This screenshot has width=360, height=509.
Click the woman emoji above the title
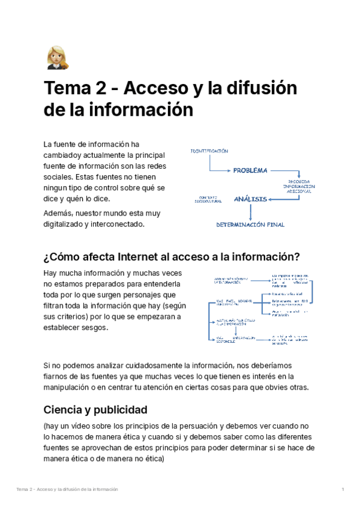(x=56, y=58)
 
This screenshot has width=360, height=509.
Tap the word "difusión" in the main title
(x=263, y=89)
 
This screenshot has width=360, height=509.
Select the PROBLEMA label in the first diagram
(x=250, y=170)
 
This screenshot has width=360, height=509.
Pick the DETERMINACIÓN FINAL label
(x=250, y=225)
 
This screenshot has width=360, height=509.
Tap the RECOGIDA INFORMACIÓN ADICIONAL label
(x=299, y=186)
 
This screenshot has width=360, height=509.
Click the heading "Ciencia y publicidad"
(x=95, y=411)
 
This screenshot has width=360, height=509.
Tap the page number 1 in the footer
(x=342, y=490)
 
